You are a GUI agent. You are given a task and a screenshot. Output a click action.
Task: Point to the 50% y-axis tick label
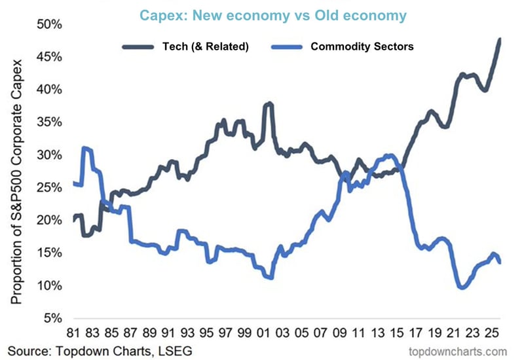pyautogui.click(x=49, y=24)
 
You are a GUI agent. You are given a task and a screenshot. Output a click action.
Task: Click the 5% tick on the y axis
pyautogui.click(x=52, y=318)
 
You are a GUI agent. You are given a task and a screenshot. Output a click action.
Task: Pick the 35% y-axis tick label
pyautogui.click(x=49, y=122)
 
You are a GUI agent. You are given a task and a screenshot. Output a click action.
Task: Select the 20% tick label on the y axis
pyautogui.click(x=49, y=221)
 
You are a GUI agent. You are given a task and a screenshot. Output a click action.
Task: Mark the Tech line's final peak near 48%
pyautogui.click(x=500, y=39)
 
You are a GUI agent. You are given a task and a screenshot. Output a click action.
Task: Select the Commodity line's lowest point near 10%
pyautogui.click(x=462, y=287)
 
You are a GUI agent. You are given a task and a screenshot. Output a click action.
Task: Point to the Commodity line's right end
pyautogui.click(x=501, y=262)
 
